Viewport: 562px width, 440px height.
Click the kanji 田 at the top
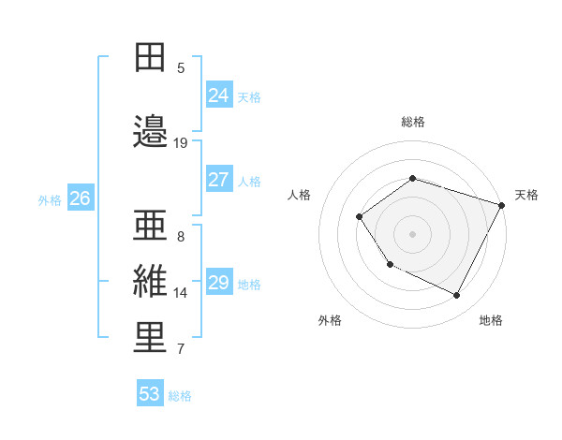coord(150,57)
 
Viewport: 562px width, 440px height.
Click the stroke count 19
coord(181,142)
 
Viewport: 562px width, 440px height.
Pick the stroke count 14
coord(181,293)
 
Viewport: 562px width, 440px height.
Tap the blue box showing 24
coord(218,95)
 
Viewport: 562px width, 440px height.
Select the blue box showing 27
coord(218,180)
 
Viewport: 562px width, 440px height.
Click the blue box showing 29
coord(218,283)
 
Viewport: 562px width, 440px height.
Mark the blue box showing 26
coord(80,198)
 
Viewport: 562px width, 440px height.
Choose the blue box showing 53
coord(149,394)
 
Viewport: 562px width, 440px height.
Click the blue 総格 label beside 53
coord(180,396)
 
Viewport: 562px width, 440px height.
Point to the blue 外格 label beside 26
coord(50,199)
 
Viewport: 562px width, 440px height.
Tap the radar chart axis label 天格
coord(526,195)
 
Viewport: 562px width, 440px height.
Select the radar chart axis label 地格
coord(491,320)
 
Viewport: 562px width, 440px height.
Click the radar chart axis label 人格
coord(299,195)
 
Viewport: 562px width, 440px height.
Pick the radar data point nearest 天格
coord(502,205)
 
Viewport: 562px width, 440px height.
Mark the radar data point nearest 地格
coord(457,296)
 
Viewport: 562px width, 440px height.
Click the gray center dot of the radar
coord(412,233)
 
